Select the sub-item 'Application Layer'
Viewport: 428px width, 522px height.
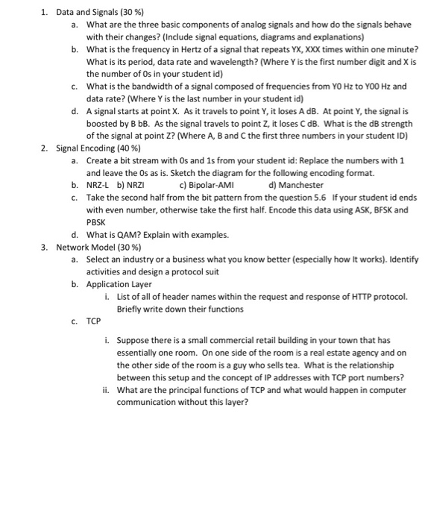click(119, 283)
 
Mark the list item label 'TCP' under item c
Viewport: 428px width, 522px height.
click(93, 321)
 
